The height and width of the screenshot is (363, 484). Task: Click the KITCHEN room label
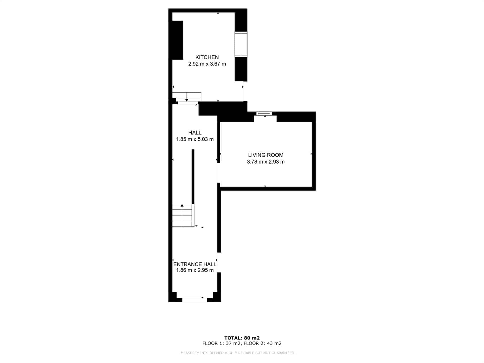tap(207, 57)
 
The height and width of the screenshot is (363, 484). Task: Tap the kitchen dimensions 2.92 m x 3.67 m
tap(207, 64)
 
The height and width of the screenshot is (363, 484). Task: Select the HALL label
tap(195, 133)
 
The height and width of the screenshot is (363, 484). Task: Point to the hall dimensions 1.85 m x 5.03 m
tap(195, 139)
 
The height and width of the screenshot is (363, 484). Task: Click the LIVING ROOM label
tap(266, 155)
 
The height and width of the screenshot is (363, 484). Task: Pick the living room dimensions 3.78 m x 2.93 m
tap(266, 162)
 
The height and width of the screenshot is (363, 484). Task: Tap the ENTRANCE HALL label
tap(195, 264)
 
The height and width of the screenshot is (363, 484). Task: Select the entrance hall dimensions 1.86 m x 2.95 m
tap(195, 270)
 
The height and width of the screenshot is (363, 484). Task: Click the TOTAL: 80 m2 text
tap(242, 338)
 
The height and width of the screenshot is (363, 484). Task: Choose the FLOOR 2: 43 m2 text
tap(262, 343)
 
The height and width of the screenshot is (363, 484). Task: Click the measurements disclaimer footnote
tap(238, 353)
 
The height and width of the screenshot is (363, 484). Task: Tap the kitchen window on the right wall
tap(241, 44)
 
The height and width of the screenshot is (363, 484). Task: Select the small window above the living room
tap(264, 113)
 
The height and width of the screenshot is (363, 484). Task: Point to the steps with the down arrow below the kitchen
tap(187, 97)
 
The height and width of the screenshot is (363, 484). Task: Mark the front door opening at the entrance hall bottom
tap(195, 300)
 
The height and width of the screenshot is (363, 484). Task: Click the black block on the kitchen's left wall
tap(178, 40)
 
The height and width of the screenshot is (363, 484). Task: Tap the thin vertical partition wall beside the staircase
tap(193, 176)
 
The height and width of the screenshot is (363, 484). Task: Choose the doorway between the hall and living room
tap(219, 173)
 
